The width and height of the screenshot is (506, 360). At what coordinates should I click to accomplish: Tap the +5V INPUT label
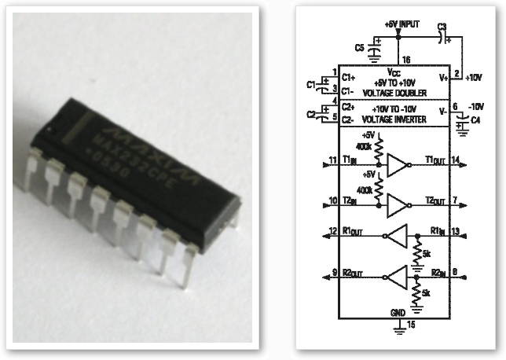click(403, 24)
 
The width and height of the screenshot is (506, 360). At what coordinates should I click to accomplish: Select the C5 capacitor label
click(360, 47)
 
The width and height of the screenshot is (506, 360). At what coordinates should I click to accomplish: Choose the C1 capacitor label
click(310, 83)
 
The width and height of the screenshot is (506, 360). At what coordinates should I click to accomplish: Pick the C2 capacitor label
click(310, 115)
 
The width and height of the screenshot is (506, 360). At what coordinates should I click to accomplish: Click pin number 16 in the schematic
click(406, 60)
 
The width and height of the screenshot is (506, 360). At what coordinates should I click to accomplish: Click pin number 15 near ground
click(410, 323)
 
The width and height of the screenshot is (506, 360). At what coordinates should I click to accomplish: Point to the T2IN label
click(350, 200)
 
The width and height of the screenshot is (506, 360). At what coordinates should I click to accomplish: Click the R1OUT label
click(353, 233)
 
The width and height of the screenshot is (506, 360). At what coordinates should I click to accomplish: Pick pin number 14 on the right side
click(456, 159)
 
